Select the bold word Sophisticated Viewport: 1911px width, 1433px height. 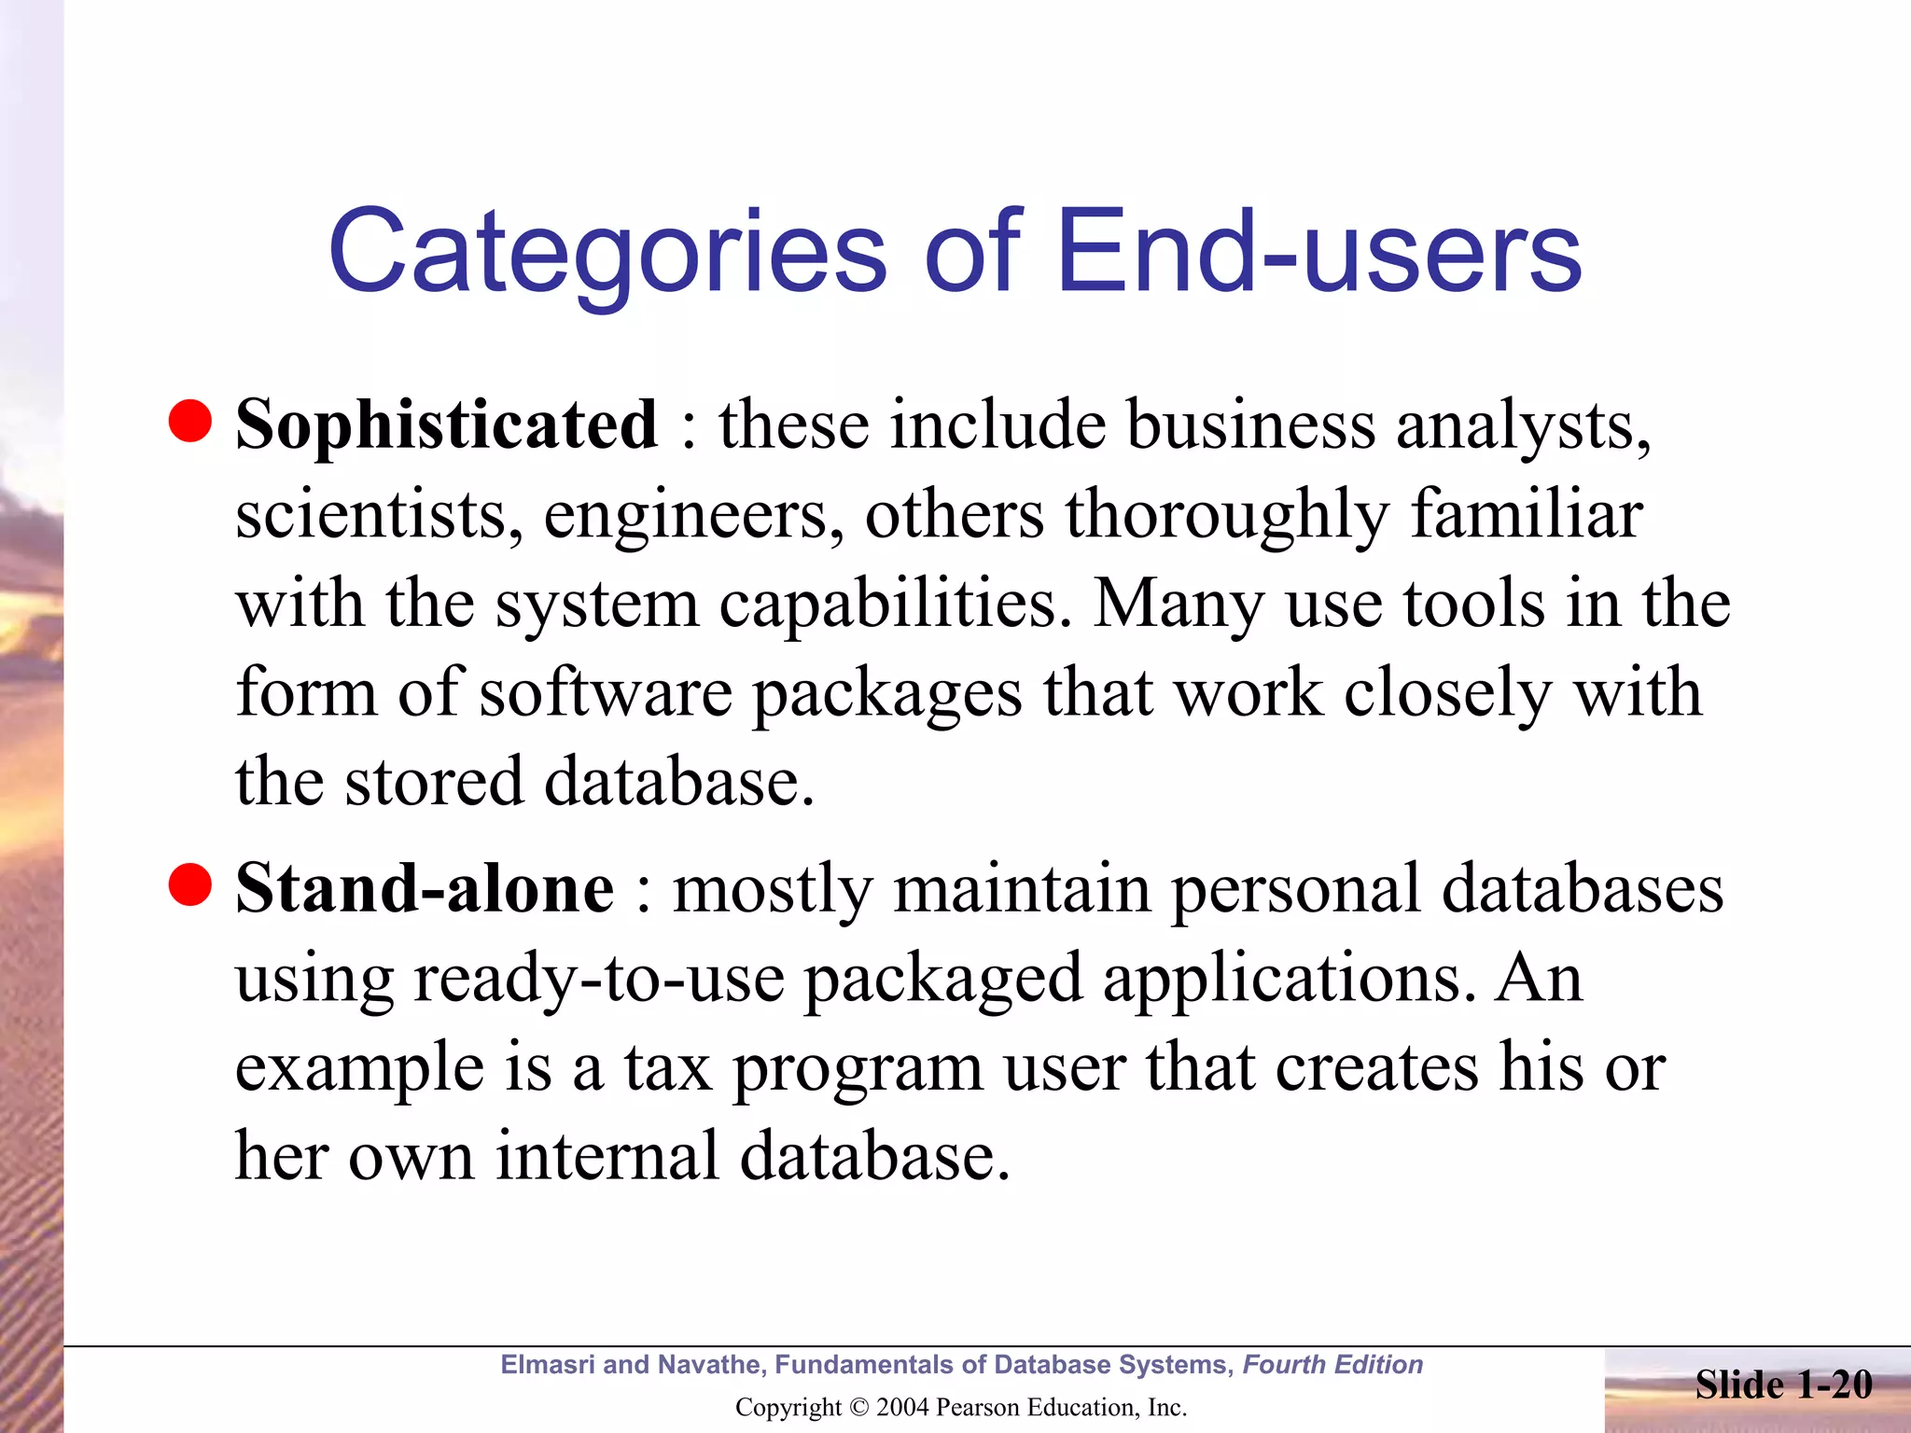[447, 425]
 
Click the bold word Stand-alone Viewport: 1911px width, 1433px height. [425, 888]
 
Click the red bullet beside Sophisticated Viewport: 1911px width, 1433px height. [190, 421]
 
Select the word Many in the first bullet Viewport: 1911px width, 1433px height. [1178, 605]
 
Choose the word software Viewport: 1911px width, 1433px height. [607, 693]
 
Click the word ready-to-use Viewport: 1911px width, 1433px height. [598, 979]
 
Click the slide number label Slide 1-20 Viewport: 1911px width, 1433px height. [1783, 1384]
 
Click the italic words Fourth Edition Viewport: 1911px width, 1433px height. [1332, 1365]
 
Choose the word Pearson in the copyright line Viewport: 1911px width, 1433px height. [977, 1407]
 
